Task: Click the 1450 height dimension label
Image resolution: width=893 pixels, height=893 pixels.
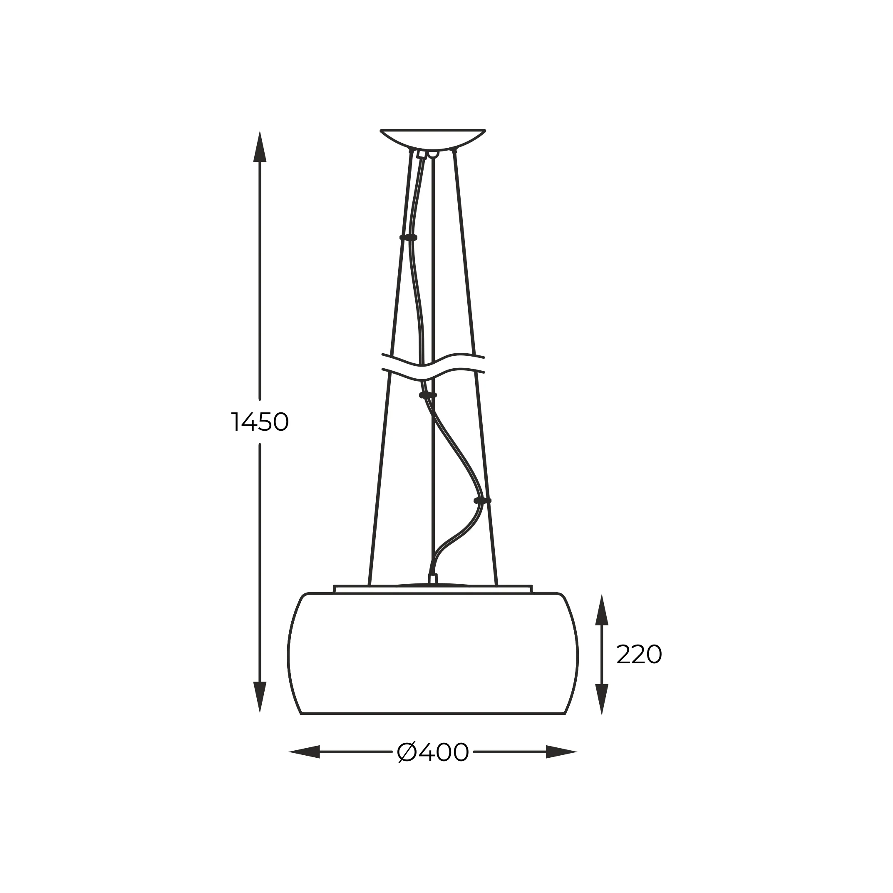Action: click(259, 422)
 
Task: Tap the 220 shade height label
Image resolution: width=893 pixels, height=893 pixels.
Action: click(639, 655)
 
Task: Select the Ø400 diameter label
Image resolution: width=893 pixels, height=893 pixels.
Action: click(433, 752)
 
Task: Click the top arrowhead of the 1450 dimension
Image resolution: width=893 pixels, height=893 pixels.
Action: click(260, 147)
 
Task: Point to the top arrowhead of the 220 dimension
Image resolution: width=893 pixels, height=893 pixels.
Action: click(601, 610)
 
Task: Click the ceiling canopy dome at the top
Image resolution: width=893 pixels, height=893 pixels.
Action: click(433, 139)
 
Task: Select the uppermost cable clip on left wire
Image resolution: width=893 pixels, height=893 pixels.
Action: click(408, 238)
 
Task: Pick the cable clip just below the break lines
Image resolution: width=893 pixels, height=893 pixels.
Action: click(427, 395)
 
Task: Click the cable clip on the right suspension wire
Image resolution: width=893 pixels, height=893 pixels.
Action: click(482, 501)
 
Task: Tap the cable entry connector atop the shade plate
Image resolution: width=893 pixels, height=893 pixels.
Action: click(433, 579)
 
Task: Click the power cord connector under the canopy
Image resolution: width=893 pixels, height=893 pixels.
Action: click(421, 154)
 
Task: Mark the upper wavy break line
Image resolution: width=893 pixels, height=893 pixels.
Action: click(433, 360)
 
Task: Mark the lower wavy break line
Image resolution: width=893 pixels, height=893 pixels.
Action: click(433, 375)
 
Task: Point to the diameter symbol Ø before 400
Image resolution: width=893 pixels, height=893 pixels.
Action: click(407, 752)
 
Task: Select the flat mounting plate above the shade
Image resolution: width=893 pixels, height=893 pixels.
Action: click(433, 589)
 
